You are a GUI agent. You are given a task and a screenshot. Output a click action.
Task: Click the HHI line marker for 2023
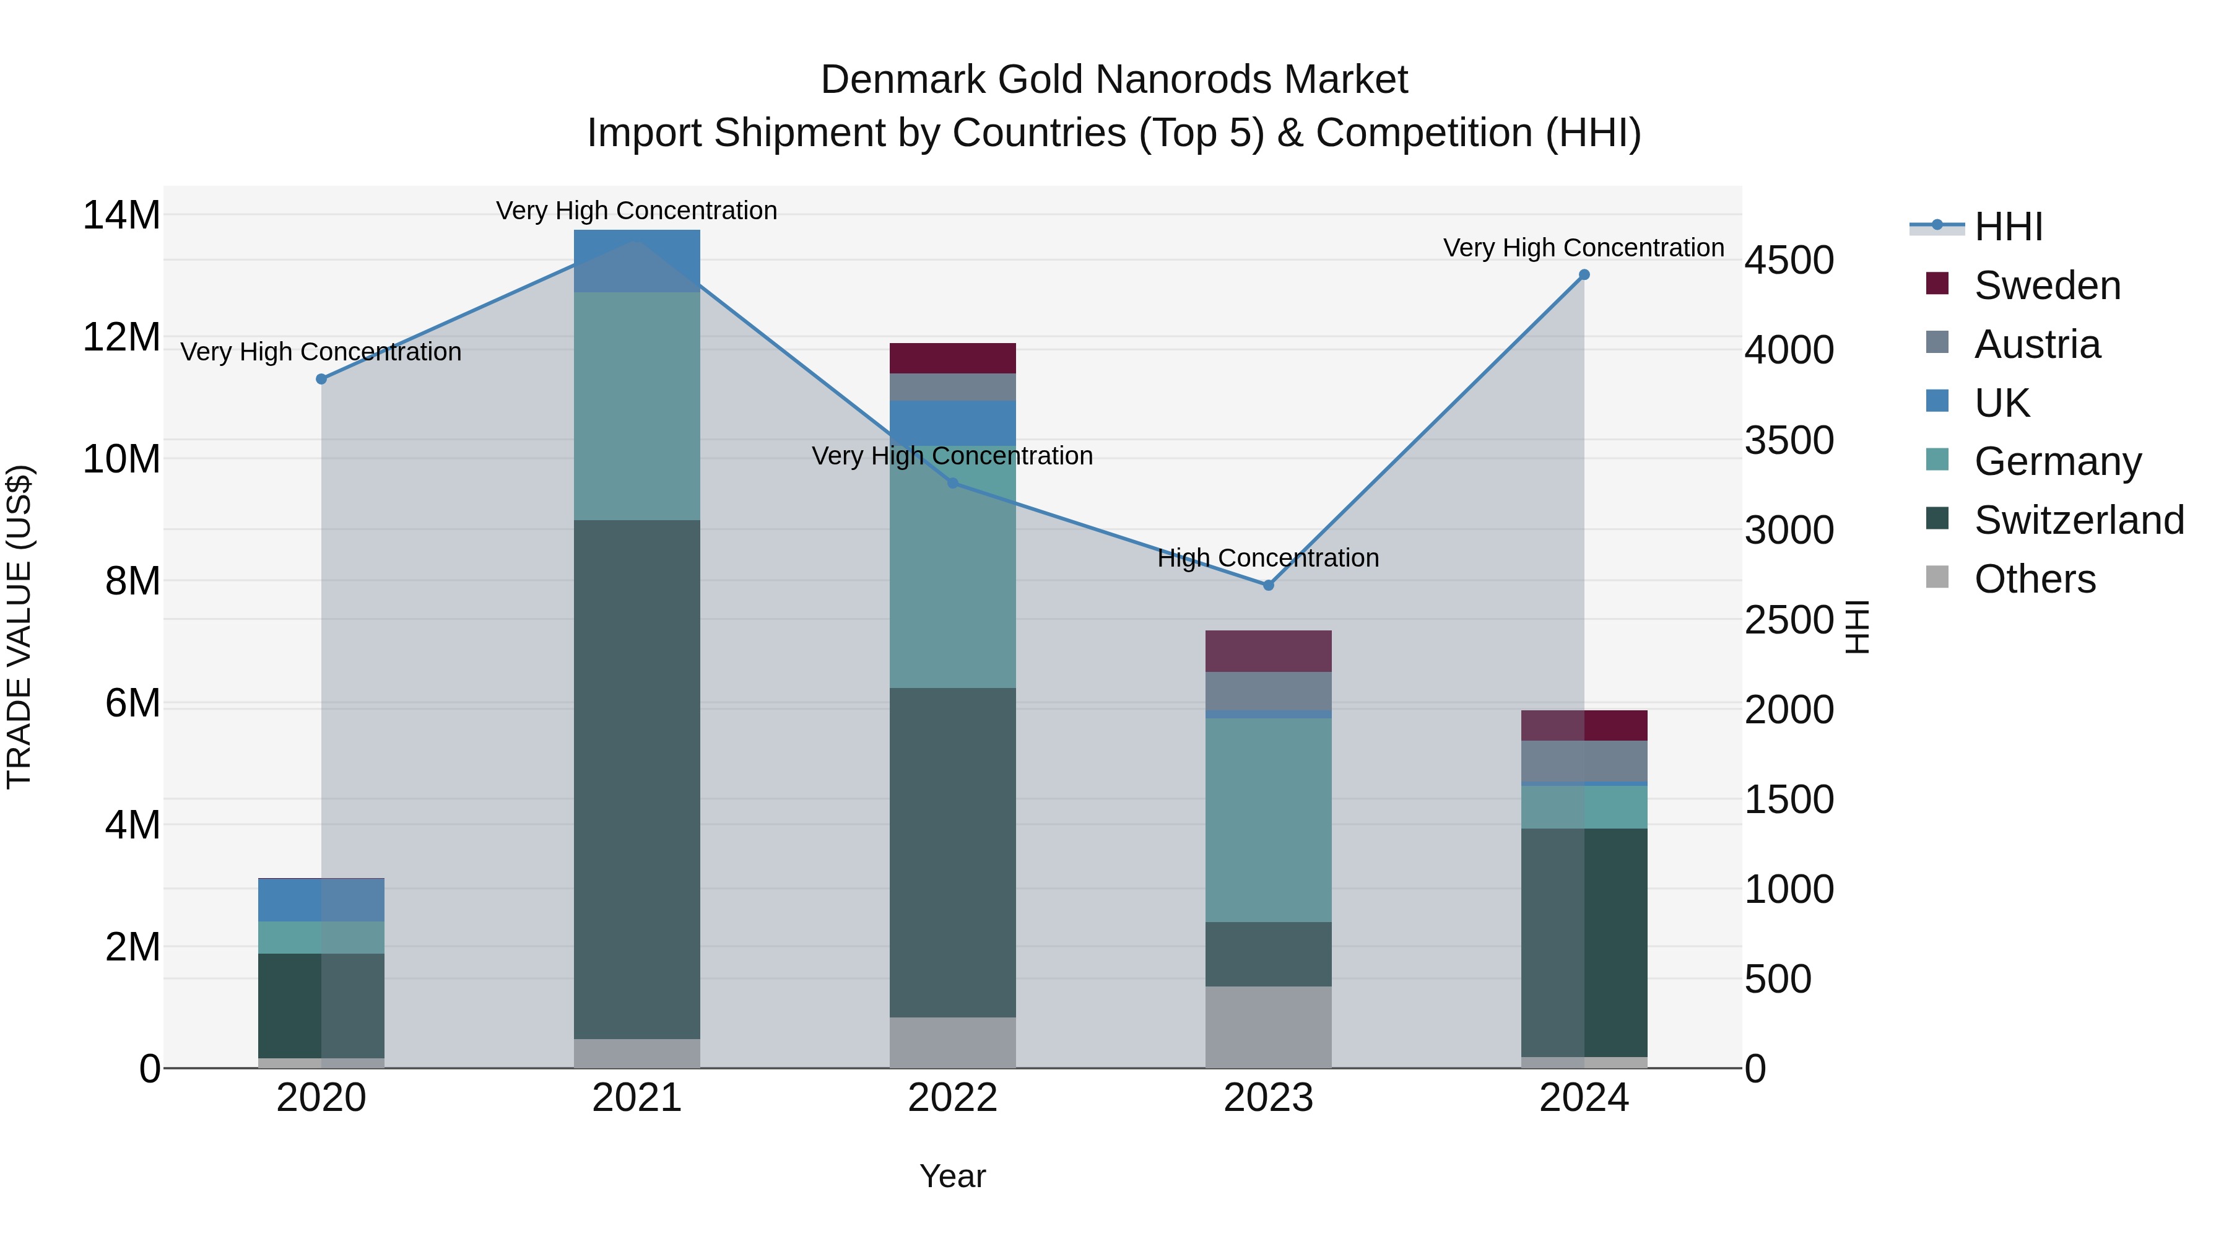coord(1269,585)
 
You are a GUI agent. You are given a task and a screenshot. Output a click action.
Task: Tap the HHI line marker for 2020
coord(321,379)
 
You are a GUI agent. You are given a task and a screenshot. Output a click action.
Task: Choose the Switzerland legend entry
coord(2079,520)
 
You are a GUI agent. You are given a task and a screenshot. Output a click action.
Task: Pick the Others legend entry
coord(2035,579)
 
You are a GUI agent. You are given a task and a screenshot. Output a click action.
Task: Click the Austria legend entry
coord(2037,344)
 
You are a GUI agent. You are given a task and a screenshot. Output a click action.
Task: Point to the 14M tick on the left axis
coord(121,215)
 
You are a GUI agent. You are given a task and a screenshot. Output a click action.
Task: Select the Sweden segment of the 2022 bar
coord(953,359)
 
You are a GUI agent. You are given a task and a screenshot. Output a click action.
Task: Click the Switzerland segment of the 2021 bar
coord(637,779)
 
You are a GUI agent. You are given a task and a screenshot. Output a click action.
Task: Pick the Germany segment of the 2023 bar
coord(1269,819)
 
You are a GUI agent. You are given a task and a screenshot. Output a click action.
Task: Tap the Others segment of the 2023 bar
coord(1269,1027)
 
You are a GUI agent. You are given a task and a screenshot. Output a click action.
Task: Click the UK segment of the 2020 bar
coord(321,900)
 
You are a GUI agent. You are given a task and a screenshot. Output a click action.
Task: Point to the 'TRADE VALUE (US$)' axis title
coord(19,627)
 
